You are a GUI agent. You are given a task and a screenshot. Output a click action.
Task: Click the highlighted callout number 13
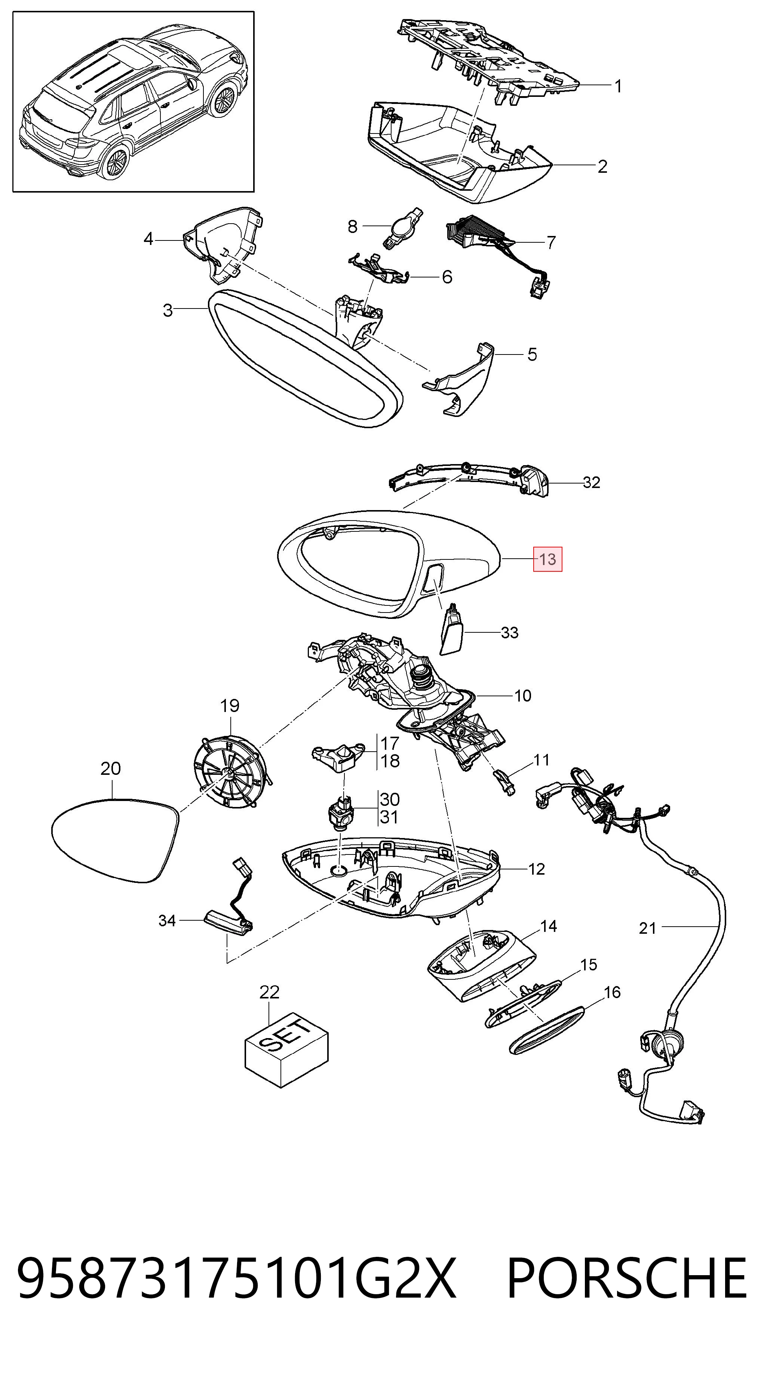(547, 559)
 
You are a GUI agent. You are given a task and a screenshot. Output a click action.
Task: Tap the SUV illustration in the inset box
(134, 102)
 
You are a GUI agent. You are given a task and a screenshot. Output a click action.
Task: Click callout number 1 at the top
(619, 86)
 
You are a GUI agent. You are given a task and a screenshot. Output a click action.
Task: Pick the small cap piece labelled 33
(452, 633)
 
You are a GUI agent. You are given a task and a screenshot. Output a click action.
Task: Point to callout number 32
(591, 482)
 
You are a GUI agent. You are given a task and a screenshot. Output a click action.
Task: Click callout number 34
(167, 921)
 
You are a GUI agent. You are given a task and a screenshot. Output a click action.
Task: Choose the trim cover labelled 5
(460, 379)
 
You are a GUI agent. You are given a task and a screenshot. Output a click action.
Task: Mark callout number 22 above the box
(269, 992)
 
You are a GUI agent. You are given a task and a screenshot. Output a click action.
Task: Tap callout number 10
(523, 696)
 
